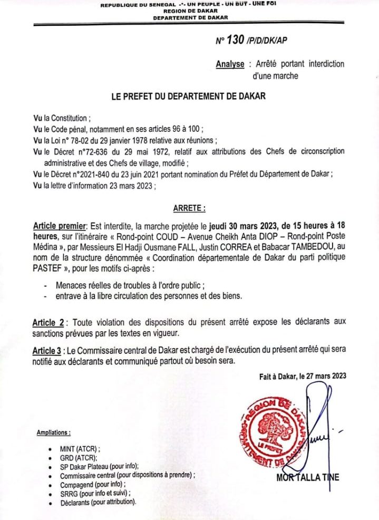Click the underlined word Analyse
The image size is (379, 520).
click(230, 64)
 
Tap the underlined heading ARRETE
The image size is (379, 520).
click(189, 208)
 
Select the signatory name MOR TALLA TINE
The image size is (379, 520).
click(308, 478)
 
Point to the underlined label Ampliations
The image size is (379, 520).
click(54, 432)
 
